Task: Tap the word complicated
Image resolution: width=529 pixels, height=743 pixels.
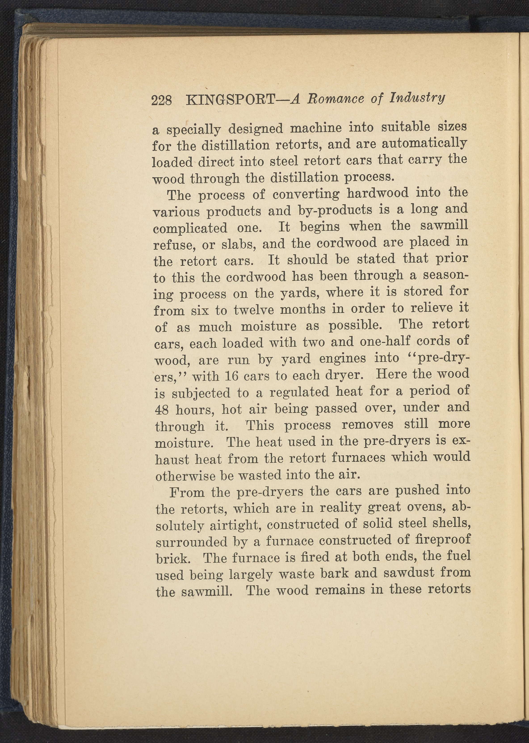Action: [x=190, y=228]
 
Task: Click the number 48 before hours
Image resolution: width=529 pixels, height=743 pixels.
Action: [x=162, y=410]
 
